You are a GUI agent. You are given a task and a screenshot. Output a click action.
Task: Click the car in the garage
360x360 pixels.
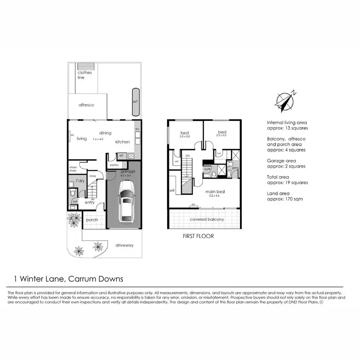[126, 205]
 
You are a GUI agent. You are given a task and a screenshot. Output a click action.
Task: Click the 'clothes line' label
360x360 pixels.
[85, 74]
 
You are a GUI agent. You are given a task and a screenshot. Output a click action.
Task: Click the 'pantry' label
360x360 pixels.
[114, 165]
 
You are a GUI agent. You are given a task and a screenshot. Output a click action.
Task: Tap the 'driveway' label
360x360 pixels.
[124, 245]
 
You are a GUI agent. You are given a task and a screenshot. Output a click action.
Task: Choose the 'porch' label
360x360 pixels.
[92, 220]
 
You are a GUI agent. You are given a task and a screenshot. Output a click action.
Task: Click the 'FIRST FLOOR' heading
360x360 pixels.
[198, 236]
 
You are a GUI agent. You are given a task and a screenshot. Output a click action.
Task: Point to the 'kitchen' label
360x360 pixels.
[122, 142]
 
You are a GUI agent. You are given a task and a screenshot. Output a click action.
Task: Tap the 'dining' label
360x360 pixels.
[106, 133]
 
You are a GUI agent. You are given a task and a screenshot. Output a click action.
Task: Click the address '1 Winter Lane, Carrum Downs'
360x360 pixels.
[69, 278]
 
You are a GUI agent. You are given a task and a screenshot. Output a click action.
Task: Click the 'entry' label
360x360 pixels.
[90, 203]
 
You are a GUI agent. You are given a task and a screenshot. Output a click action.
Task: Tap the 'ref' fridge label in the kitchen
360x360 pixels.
[121, 156]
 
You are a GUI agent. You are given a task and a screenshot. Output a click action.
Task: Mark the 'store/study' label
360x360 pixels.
[73, 169]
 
